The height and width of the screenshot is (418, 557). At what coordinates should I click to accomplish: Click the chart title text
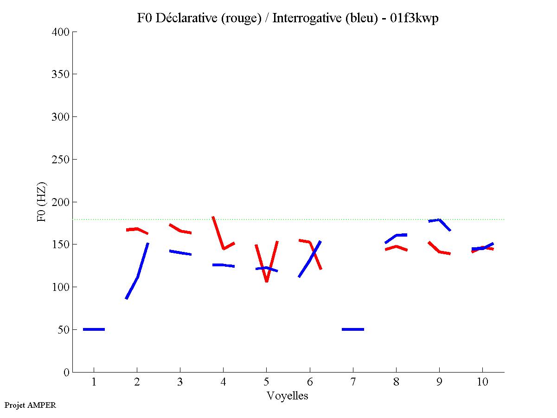click(288, 18)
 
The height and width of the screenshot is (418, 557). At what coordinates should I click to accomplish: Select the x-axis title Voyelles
click(288, 396)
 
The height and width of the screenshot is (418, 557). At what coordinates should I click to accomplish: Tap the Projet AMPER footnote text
click(30, 405)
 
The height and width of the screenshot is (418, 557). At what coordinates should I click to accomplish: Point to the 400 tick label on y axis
click(61, 32)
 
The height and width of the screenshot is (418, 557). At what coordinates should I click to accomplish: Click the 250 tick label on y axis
click(61, 160)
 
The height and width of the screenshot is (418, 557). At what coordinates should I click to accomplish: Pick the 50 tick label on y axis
click(63, 330)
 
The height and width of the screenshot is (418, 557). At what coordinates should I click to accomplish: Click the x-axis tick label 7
click(353, 383)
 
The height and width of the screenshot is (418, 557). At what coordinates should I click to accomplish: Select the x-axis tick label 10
click(482, 383)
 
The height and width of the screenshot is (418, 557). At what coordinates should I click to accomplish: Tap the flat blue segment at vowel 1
click(94, 329)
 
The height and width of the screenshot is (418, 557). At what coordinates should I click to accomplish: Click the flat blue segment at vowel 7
click(353, 329)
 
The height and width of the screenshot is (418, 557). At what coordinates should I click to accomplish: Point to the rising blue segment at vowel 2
click(138, 277)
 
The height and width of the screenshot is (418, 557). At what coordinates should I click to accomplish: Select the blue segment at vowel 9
click(439, 220)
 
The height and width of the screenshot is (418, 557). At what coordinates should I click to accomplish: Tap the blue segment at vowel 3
click(180, 253)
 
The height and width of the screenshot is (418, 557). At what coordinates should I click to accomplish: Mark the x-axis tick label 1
click(94, 383)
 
